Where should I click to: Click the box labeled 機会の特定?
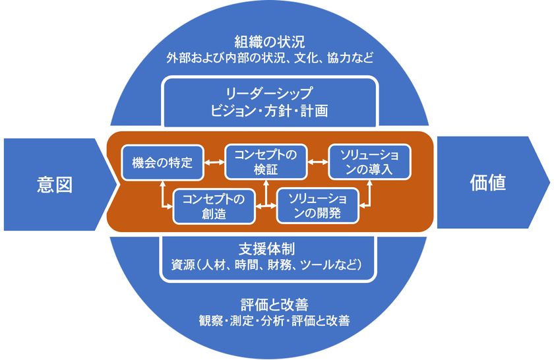point(162,162)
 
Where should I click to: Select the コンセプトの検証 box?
point(266,162)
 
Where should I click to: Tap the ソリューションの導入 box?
point(369,162)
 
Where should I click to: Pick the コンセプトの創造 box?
point(214,206)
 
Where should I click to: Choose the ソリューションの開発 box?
point(318,206)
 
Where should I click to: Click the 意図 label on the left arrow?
point(55,185)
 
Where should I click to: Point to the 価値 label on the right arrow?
point(488,183)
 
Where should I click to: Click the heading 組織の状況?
point(270,42)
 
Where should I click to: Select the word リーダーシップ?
point(269,93)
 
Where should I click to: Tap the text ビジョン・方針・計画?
point(269,111)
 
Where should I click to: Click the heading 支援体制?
point(267,249)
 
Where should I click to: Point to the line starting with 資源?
point(267,264)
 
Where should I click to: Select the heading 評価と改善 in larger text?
point(274,304)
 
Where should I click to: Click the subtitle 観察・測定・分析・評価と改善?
point(274,320)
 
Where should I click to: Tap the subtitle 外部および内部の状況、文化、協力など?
point(270,57)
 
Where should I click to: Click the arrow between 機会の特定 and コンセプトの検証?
point(214,162)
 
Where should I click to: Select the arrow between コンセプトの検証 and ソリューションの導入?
point(318,162)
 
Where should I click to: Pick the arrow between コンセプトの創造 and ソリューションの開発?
point(266,206)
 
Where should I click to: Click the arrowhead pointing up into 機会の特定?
point(162,183)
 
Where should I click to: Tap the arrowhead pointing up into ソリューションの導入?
point(369,183)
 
